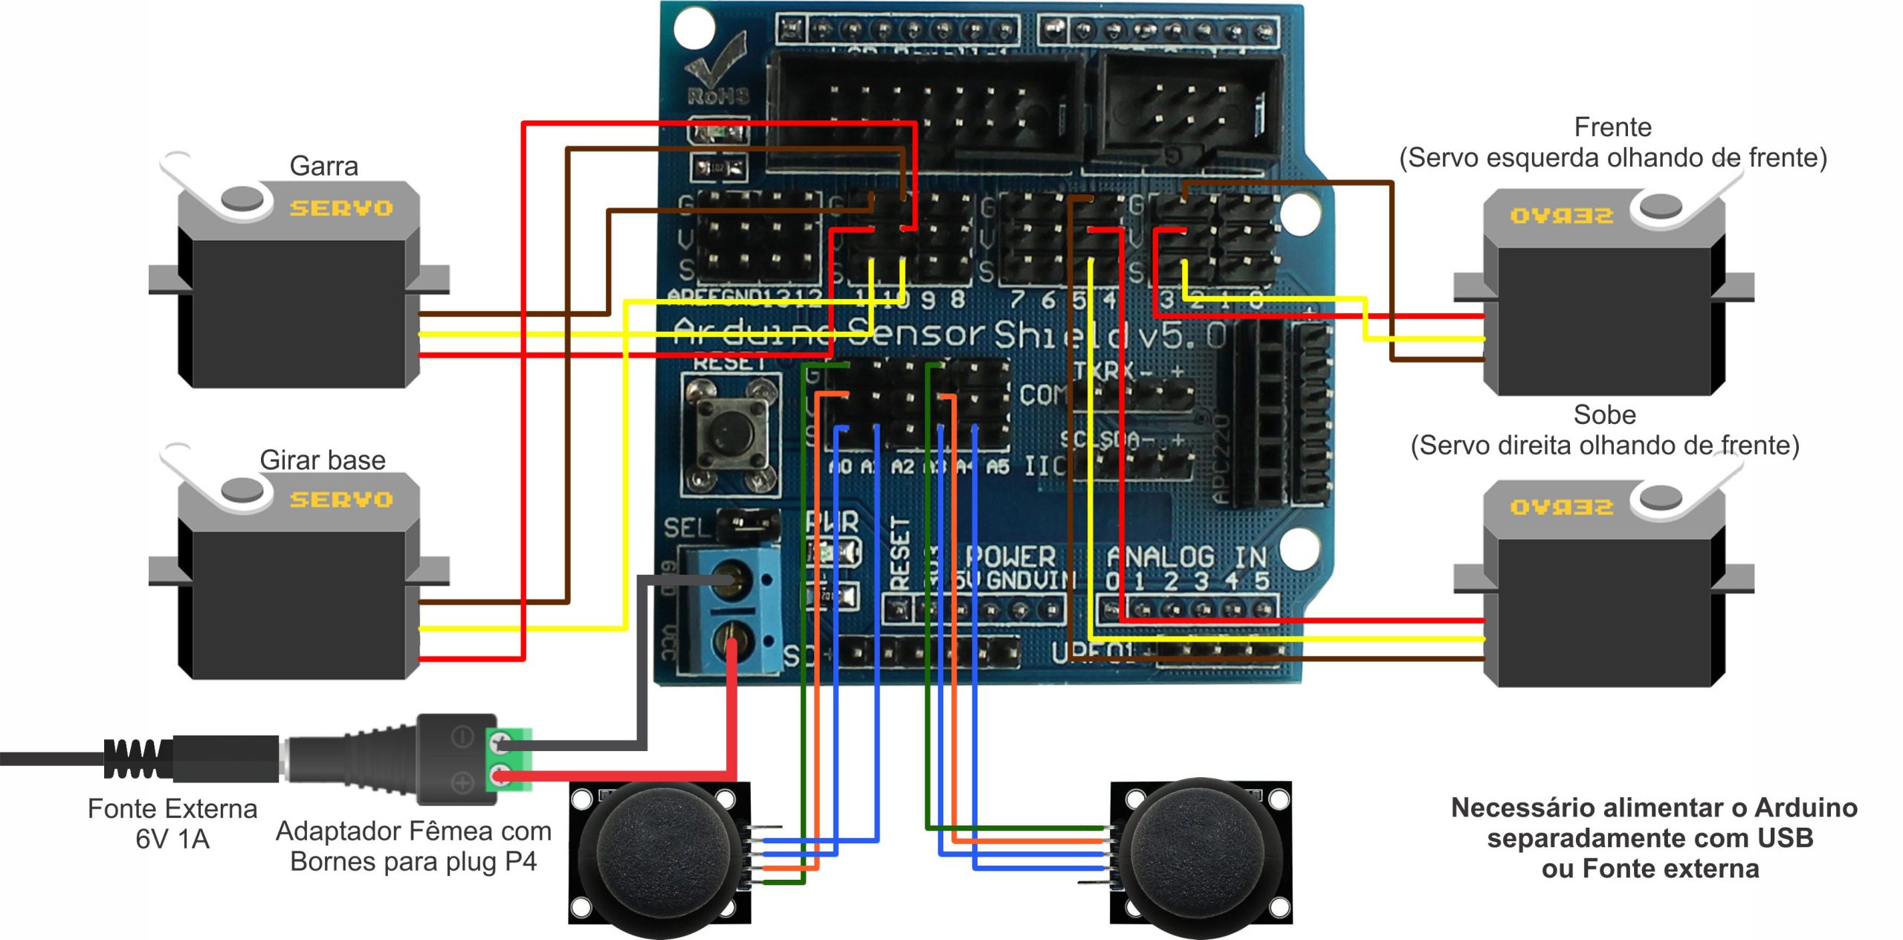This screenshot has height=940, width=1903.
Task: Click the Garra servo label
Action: tap(323, 166)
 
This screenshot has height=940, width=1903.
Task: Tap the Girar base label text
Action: tap(323, 460)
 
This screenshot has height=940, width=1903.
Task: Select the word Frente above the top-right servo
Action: tap(1612, 127)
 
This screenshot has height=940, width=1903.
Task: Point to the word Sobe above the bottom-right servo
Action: tap(1604, 414)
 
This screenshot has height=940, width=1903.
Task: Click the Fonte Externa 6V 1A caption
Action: tap(172, 824)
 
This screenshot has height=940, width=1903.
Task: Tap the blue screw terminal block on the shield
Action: tap(732, 610)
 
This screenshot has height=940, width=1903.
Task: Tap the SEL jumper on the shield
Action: tap(748, 526)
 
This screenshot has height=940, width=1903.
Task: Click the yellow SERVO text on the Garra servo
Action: tap(341, 208)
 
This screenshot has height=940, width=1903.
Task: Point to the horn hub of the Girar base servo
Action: tap(242, 490)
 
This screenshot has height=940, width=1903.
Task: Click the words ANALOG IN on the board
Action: tap(1186, 558)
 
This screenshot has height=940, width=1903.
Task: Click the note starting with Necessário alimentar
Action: tap(1653, 838)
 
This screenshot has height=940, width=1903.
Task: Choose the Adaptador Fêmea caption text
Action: tap(413, 846)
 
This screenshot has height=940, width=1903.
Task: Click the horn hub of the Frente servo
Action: tap(1660, 206)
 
